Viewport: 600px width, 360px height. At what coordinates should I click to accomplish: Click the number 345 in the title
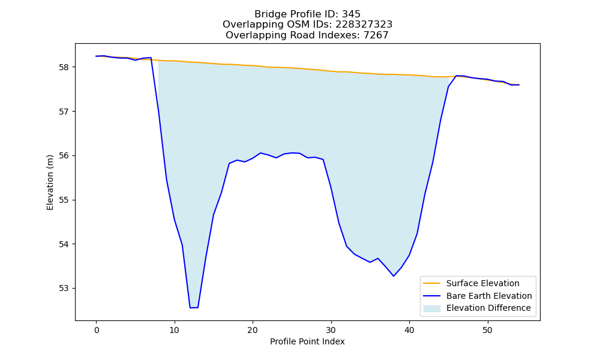351,14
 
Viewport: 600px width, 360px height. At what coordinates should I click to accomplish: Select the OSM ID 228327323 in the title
364,25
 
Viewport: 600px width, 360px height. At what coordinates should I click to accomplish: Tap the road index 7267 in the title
376,35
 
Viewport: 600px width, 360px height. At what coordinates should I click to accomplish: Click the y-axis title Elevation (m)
50,182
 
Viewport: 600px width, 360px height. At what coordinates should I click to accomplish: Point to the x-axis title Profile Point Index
307,341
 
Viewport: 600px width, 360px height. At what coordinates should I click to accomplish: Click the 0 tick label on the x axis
97,330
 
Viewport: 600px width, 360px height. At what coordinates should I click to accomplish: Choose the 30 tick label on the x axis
331,330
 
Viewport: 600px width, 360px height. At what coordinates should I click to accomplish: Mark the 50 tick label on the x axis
487,330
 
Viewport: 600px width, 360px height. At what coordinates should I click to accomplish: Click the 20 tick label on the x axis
253,330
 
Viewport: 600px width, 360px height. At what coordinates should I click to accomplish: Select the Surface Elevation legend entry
471,283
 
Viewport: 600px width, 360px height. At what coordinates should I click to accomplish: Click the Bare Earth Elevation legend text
489,296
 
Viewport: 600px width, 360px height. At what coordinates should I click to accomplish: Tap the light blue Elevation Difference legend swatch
431,308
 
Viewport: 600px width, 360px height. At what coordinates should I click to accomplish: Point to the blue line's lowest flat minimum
194,308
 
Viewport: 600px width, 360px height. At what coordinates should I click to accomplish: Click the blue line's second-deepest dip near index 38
394,276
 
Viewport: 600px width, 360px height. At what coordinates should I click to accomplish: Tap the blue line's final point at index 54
519,85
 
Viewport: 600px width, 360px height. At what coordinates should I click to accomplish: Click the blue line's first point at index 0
97,56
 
